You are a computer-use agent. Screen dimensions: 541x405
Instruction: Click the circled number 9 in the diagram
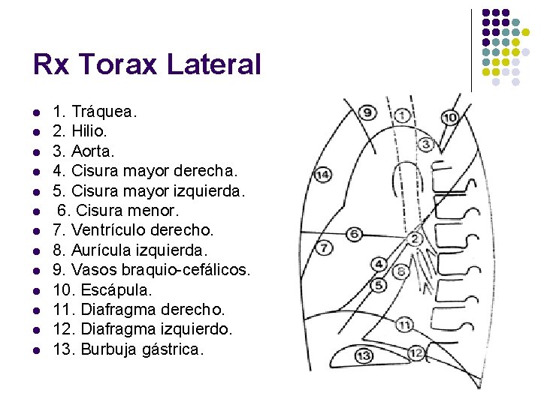click(x=367, y=113)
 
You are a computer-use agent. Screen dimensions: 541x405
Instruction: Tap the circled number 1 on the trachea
click(x=403, y=115)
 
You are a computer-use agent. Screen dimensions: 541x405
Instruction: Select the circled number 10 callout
click(x=450, y=118)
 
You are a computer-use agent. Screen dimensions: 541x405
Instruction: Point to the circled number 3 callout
click(x=426, y=144)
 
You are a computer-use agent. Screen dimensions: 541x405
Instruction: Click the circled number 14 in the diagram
click(x=322, y=175)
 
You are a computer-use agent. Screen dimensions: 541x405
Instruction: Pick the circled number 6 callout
click(x=354, y=234)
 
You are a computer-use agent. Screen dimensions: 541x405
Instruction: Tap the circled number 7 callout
click(x=323, y=247)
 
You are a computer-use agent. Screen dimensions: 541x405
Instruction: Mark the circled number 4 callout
click(x=379, y=264)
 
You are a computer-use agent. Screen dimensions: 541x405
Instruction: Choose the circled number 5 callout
click(x=379, y=285)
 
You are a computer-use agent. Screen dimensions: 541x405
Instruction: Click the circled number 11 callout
click(x=404, y=325)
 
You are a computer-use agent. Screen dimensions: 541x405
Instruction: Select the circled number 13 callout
click(x=364, y=355)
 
